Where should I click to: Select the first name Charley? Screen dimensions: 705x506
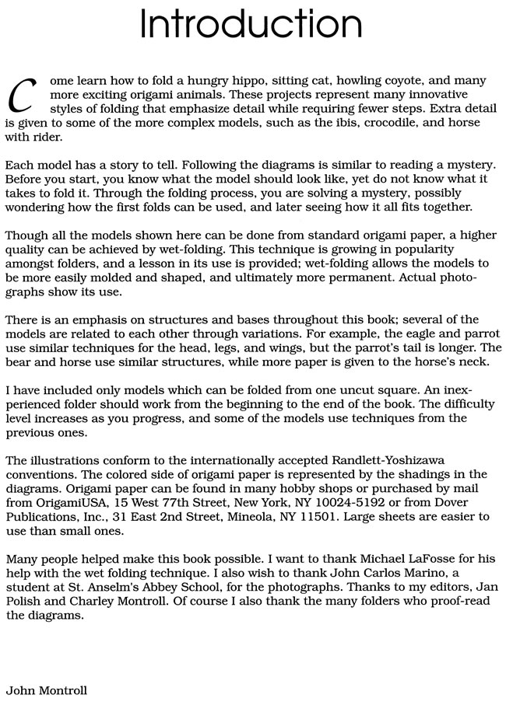(84, 602)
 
